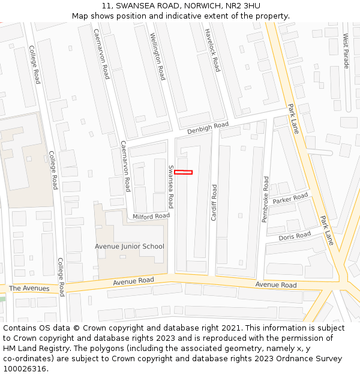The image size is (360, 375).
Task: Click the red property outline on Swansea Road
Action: click(x=183, y=172)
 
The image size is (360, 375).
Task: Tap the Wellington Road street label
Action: click(x=157, y=57)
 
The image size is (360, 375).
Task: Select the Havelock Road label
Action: click(x=212, y=50)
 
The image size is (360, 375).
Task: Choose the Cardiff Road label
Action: click(x=214, y=202)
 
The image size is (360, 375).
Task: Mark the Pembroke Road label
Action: click(x=265, y=199)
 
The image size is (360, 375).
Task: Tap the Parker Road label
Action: click(x=290, y=199)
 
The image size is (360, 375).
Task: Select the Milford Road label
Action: click(x=151, y=216)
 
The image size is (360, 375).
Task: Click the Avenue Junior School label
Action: click(x=129, y=247)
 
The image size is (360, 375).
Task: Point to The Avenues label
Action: click(x=29, y=289)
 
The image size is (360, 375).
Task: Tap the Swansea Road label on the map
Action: click(x=171, y=186)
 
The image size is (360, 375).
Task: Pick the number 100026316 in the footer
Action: click(x=25, y=368)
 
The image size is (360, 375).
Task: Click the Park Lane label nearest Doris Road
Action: click(x=326, y=230)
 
